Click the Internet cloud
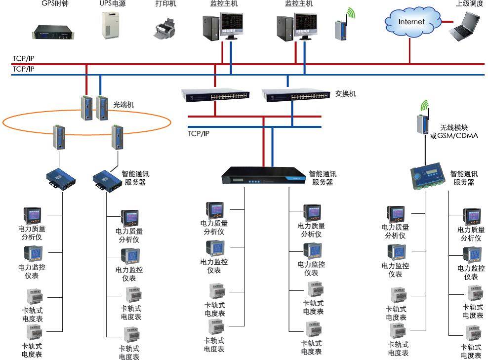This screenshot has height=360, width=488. click(x=411, y=22)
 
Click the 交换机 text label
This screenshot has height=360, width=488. click(x=345, y=93)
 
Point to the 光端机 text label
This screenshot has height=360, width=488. click(x=123, y=105)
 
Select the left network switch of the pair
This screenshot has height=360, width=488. click(x=215, y=95)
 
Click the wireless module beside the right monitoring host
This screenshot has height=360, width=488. click(x=340, y=27)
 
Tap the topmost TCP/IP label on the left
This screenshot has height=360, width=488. click(x=24, y=59)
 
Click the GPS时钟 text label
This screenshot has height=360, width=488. click(x=55, y=4)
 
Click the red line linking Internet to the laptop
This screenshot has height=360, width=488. click(x=447, y=22)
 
